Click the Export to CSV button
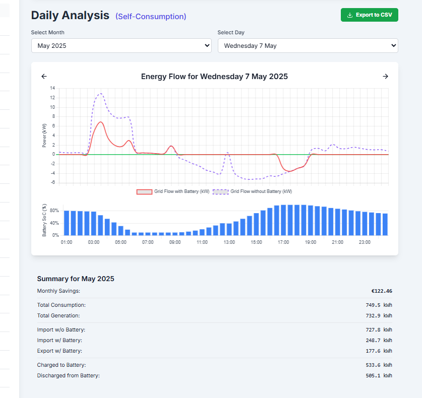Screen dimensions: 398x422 click(369, 15)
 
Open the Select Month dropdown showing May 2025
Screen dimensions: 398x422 click(121, 46)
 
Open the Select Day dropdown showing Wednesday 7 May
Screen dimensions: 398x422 click(308, 46)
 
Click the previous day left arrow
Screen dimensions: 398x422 click(44, 77)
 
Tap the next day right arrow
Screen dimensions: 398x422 click(386, 77)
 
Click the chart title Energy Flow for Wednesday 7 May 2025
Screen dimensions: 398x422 click(214, 77)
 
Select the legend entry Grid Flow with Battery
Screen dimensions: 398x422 click(174, 192)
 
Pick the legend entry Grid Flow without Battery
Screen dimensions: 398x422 click(254, 192)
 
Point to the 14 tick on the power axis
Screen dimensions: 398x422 click(52, 88)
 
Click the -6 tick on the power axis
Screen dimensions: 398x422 click(52, 182)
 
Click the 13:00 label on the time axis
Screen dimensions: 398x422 click(229, 242)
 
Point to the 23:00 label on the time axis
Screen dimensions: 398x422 click(365, 242)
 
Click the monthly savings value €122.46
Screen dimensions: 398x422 click(381, 291)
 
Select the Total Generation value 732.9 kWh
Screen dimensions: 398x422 click(379, 316)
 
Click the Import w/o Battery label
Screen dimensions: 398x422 click(61, 329)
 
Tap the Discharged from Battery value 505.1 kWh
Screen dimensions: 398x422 click(379, 375)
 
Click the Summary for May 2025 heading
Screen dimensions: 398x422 click(76, 279)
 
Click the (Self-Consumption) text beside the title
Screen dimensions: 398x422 click(151, 17)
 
